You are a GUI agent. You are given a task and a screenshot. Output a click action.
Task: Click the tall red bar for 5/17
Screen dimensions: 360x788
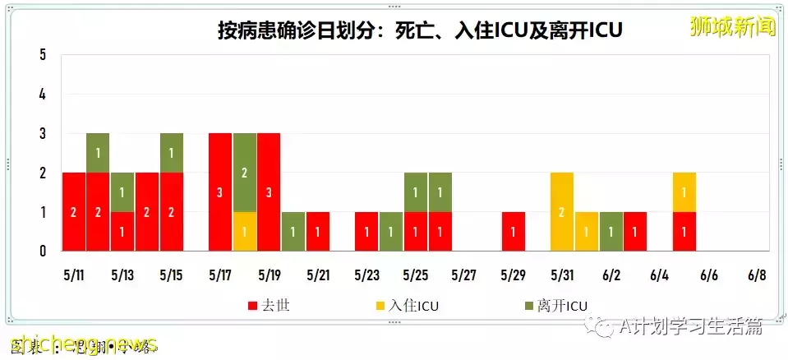point(219,192)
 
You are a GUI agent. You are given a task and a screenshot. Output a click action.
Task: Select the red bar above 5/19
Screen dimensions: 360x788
point(269,192)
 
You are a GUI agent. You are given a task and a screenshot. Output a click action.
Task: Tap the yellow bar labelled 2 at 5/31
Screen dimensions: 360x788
point(562,211)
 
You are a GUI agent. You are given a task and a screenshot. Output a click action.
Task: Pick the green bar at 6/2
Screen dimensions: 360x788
point(611,231)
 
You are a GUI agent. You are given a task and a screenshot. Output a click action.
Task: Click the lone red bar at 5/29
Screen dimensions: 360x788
point(513,231)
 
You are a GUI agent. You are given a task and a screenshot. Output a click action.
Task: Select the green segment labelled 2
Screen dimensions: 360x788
point(244,173)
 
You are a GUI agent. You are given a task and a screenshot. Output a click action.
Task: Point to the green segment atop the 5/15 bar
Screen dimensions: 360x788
point(171,153)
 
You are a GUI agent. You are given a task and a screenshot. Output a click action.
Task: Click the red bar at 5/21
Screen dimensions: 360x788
point(317,231)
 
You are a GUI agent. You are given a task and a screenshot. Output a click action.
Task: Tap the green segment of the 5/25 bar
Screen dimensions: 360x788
point(415,192)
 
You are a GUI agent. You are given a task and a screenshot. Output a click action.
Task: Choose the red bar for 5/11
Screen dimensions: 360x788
point(74,211)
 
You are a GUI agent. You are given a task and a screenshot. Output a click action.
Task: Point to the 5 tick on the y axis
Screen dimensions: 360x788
point(43,55)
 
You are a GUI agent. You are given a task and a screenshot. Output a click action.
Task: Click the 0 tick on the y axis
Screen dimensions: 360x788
point(43,251)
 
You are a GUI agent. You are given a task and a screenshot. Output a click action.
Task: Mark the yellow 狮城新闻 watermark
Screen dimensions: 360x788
point(733,26)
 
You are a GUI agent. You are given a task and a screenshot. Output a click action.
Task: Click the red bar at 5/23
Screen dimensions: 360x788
point(366,231)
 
